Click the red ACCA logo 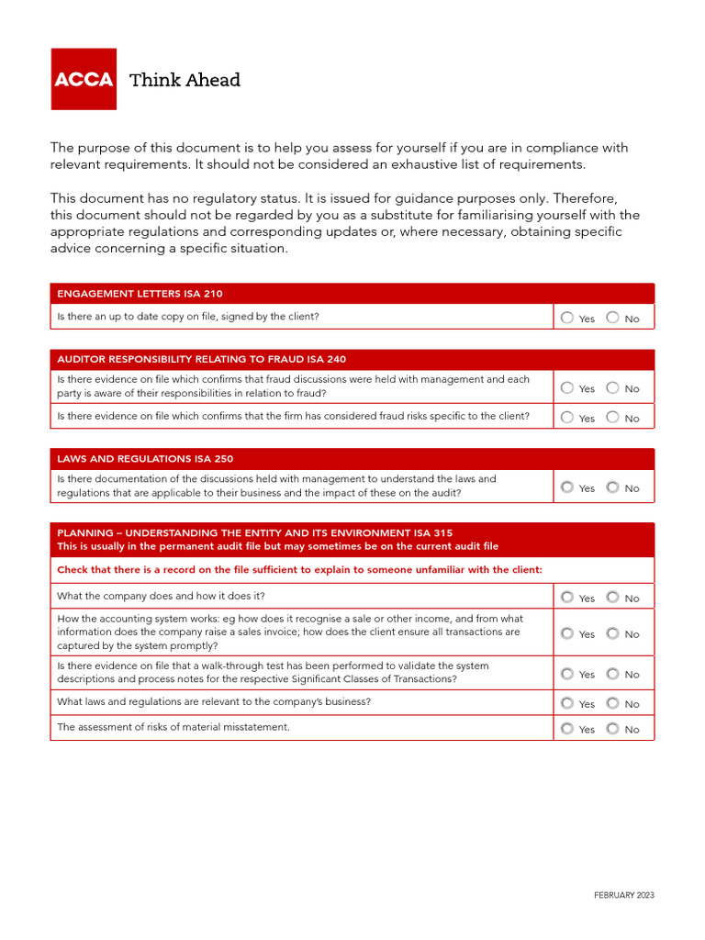(84, 79)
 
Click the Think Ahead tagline (185, 80)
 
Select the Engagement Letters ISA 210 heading (140, 294)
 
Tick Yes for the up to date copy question (567, 318)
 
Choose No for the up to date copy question (612, 318)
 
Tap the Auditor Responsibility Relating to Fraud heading (201, 359)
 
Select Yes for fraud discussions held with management (567, 387)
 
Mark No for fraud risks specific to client (612, 417)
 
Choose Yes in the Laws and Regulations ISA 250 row (567, 487)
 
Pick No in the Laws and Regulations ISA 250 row (612, 487)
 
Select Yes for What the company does (567, 597)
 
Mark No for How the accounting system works (612, 633)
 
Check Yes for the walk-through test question (567, 674)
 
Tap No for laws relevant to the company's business (612, 703)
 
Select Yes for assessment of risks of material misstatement (567, 729)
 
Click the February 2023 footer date (623, 895)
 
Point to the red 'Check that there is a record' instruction (299, 569)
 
